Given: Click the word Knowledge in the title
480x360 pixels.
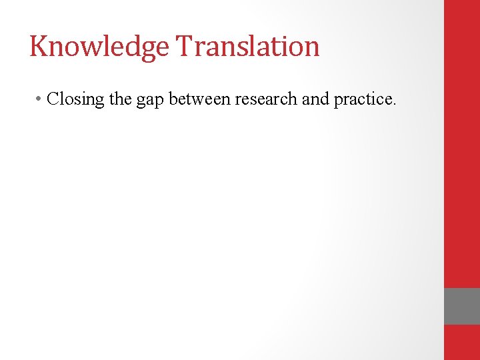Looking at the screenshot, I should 99,47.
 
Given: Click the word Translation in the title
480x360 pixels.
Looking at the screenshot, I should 248,46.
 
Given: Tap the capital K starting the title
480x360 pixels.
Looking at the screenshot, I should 38,46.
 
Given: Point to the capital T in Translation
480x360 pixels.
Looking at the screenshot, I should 183,46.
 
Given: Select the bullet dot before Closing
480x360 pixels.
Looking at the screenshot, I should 40,100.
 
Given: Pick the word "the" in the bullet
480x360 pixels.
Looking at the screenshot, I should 121,99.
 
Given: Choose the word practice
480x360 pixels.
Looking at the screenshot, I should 363,100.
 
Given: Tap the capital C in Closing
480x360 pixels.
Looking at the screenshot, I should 53,99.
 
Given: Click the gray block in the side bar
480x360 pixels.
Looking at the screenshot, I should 462,306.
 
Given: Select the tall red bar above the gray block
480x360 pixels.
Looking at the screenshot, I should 462,143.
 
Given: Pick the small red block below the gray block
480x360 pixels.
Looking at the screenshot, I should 462,342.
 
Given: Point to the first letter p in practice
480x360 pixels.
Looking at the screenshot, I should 338,101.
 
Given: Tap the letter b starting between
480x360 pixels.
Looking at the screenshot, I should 173,99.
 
